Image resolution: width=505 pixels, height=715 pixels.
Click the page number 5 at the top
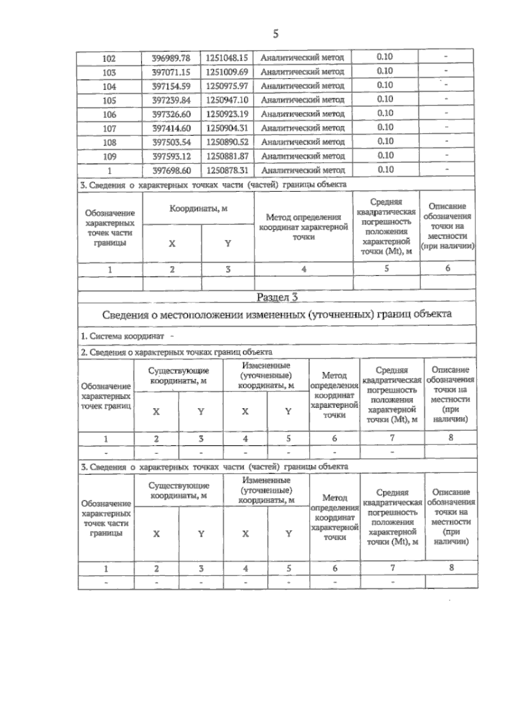[276, 34]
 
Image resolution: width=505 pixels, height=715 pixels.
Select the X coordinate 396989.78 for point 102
[171, 58]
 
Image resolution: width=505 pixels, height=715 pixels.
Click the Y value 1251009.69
[227, 72]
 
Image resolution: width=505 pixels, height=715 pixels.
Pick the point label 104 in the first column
[109, 87]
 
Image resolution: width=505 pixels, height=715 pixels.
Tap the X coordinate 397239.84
[171, 100]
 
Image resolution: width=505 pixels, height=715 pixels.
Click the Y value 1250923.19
[227, 114]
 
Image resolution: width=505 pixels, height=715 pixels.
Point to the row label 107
[109, 129]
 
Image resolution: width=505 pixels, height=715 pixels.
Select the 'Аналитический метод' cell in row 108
[303, 142]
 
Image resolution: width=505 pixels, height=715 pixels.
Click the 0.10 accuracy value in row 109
[385, 155]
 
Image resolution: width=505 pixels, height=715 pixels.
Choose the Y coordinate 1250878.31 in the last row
[227, 170]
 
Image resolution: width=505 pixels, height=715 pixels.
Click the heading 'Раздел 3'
[277, 297]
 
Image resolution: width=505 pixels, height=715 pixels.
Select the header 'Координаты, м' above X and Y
[198, 209]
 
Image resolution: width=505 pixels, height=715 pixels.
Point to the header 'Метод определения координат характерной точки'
[303, 227]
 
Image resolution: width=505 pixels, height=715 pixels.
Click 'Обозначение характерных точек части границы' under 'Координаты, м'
[109, 228]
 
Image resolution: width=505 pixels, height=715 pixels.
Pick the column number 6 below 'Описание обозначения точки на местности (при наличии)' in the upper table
[447, 268]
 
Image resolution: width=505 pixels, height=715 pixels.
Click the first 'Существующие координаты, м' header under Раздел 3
[178, 376]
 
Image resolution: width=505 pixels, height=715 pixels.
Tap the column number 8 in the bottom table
[451, 568]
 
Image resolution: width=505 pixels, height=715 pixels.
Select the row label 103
[109, 73]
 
